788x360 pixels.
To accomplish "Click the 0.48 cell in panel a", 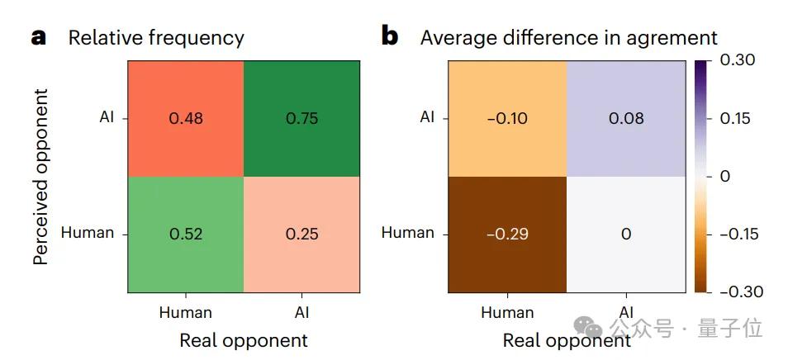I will [186, 118].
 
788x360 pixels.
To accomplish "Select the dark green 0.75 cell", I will [301, 118].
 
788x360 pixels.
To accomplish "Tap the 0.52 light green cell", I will [186, 234].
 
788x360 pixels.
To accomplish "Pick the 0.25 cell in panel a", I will [301, 234].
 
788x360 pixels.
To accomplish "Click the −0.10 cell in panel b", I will [507, 118].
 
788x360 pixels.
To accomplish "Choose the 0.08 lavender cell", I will [625, 118].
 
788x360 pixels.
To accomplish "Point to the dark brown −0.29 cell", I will [507, 234].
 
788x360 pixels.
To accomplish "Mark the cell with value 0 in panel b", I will [625, 234].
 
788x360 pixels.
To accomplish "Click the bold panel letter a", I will [39, 37].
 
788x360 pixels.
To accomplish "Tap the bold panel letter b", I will [390, 36].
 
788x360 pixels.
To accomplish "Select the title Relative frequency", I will [156, 38].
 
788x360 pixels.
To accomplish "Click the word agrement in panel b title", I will [672, 38].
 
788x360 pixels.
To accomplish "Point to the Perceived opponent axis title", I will [40, 175].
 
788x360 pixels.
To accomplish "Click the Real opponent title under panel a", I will [243, 340].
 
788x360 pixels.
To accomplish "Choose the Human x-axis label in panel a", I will [185, 312].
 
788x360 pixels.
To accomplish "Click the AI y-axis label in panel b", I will [426, 117].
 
